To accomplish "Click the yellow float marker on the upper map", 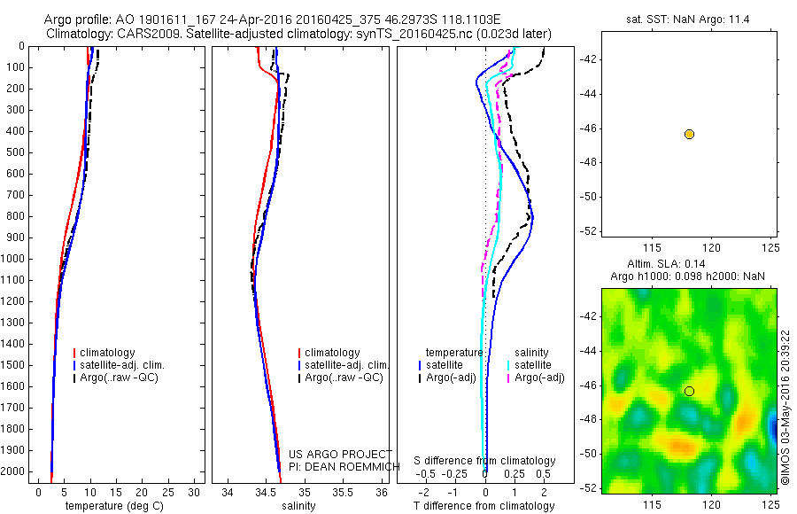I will pyautogui.click(x=689, y=134).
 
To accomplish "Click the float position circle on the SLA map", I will pyautogui.click(x=689, y=391).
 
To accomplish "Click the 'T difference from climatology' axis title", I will pyautogui.click(x=484, y=506).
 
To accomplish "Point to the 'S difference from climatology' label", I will pyautogui.click(x=484, y=461).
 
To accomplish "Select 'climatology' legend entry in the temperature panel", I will pyautogui.click(x=110, y=353).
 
